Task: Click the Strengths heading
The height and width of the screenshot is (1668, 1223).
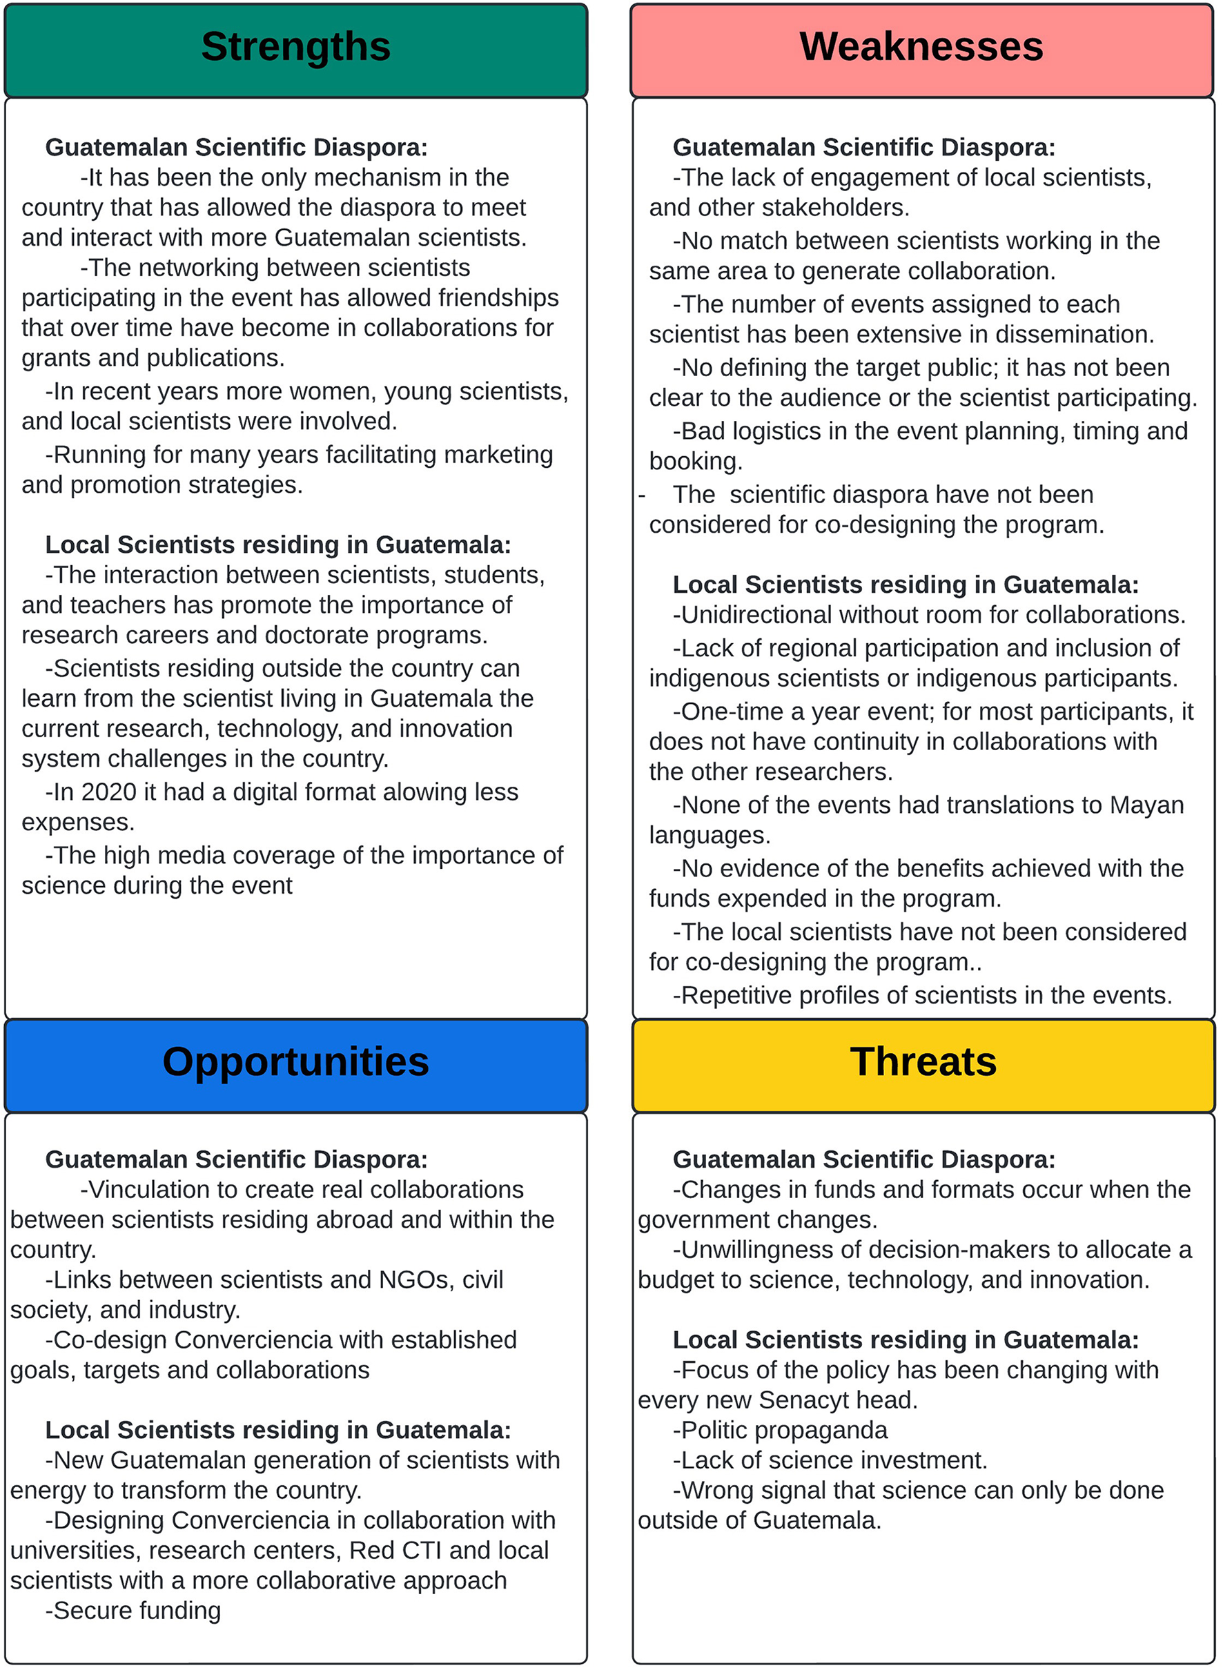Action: (x=295, y=48)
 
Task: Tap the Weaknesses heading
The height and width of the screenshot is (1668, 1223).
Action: (x=921, y=48)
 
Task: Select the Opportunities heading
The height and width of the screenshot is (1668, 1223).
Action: (x=295, y=1062)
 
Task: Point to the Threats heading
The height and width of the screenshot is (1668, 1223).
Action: (x=923, y=1062)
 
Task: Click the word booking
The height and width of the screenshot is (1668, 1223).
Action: (x=694, y=462)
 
